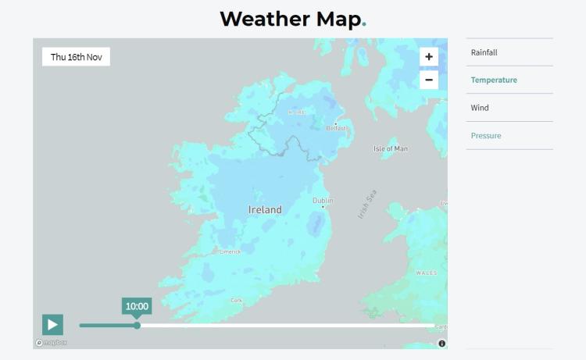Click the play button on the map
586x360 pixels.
pyautogui.click(x=52, y=324)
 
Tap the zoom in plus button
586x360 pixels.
pyautogui.click(x=428, y=57)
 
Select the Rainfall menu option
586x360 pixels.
pyautogui.click(x=484, y=52)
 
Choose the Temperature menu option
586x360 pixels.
pyautogui.click(x=494, y=80)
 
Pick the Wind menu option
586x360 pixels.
pyautogui.click(x=480, y=108)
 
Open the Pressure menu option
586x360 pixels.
pyautogui.click(x=486, y=136)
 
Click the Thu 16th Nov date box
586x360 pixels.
pyautogui.click(x=76, y=57)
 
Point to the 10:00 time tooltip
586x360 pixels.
pyautogui.click(x=137, y=306)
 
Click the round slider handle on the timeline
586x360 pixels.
pyautogui.click(x=138, y=325)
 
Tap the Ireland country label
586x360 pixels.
pyautogui.click(x=265, y=210)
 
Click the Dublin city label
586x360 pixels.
pyautogui.click(x=323, y=201)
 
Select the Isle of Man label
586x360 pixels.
pyautogui.click(x=391, y=148)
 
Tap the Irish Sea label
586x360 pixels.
pyautogui.click(x=367, y=205)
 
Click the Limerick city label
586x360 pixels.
pyautogui.click(x=230, y=251)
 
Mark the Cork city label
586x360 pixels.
pyautogui.click(x=237, y=300)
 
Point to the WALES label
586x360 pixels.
pyautogui.click(x=427, y=273)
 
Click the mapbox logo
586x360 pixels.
pyautogui.click(x=52, y=342)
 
